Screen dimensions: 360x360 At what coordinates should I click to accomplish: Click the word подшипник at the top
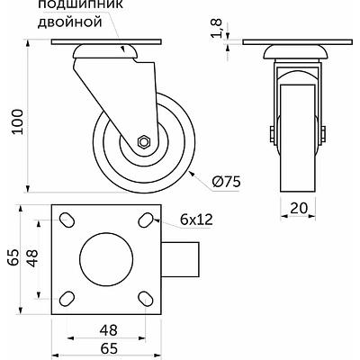[80, 4]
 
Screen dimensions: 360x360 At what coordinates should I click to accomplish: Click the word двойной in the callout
[70, 22]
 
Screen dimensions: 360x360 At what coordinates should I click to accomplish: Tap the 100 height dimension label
[17, 121]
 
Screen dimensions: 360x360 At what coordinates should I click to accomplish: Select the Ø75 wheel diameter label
[226, 182]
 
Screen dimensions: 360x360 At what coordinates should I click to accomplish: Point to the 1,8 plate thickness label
[217, 28]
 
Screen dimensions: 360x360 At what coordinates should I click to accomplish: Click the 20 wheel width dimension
[299, 207]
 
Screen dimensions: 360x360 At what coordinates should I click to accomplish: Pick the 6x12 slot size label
[196, 220]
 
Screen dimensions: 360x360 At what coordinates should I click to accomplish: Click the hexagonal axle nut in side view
[144, 141]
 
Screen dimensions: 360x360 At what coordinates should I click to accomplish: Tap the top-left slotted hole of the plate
[67, 220]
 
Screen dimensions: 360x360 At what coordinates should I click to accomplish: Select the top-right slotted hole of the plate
[146, 220]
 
